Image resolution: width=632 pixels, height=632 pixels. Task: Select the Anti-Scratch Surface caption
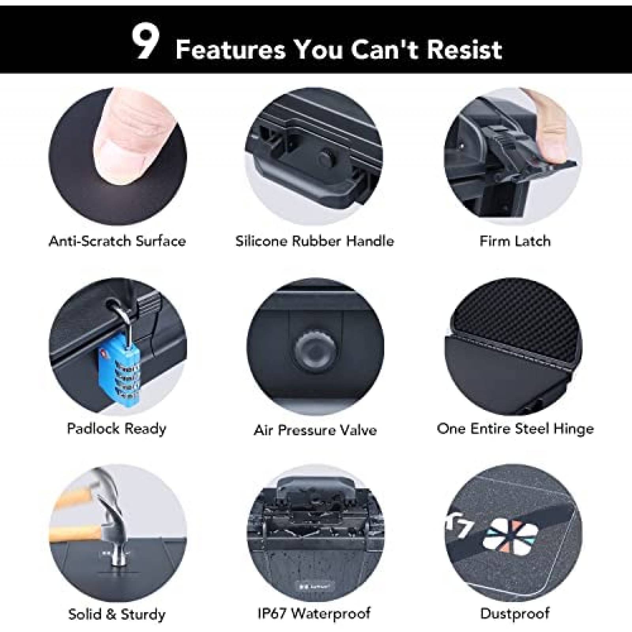pyautogui.click(x=117, y=241)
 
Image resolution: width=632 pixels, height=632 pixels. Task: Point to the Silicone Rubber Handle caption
pyautogui.click(x=315, y=241)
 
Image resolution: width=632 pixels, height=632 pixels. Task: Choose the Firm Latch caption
pyautogui.click(x=515, y=241)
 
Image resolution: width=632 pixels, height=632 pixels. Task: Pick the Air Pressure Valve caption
pyautogui.click(x=315, y=430)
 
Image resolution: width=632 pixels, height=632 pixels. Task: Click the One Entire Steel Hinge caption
pyautogui.click(x=515, y=429)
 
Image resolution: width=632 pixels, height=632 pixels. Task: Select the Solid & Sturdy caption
pyautogui.click(x=117, y=614)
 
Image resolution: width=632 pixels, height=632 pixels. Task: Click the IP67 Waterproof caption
pyautogui.click(x=314, y=613)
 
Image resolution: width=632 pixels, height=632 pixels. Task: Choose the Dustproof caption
pyautogui.click(x=515, y=613)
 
